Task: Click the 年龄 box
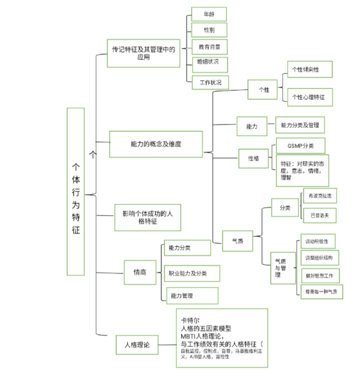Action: point(209,14)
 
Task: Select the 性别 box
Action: point(209,30)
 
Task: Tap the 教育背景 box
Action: point(210,47)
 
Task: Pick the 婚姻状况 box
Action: point(210,64)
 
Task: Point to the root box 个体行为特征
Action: point(76,191)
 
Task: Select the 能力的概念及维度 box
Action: point(156,144)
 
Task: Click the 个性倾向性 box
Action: point(310,69)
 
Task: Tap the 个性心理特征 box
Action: point(310,97)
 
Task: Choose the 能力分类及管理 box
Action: point(300,125)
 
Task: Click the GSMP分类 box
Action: point(300,146)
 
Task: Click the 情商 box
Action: point(140,272)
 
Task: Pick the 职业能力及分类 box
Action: point(192,274)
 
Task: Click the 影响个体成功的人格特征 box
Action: point(147,217)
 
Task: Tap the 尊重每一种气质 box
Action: point(321,292)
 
